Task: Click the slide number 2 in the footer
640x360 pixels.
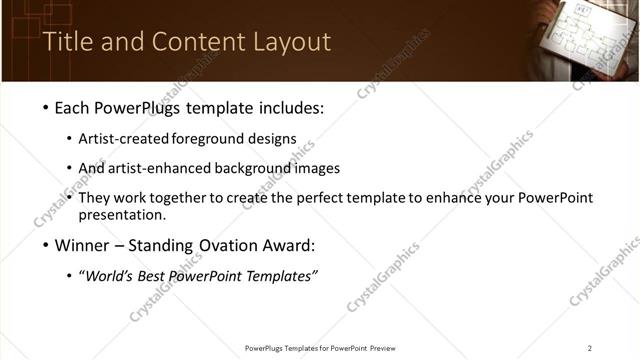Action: coord(590,347)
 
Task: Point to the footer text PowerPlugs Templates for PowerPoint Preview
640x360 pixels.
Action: coord(320,347)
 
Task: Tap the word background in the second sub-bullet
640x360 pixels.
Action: coord(251,168)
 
